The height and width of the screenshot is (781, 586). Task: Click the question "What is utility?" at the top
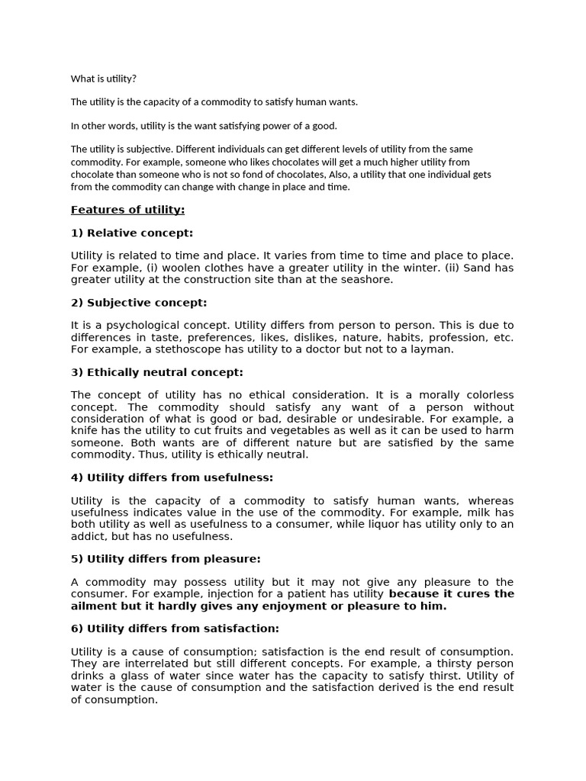point(104,79)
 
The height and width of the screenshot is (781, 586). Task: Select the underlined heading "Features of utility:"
point(127,210)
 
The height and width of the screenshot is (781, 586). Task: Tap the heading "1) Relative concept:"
point(132,233)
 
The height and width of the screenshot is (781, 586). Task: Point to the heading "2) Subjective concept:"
point(139,302)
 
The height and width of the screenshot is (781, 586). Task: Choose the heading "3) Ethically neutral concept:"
point(157,372)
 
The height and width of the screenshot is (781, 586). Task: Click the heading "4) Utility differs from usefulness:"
point(172,477)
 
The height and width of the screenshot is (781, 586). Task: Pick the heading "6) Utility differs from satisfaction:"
point(175,628)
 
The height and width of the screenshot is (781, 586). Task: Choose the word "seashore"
point(366,279)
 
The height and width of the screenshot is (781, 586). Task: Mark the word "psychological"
point(134,325)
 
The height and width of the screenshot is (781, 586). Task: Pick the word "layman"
point(433,349)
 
